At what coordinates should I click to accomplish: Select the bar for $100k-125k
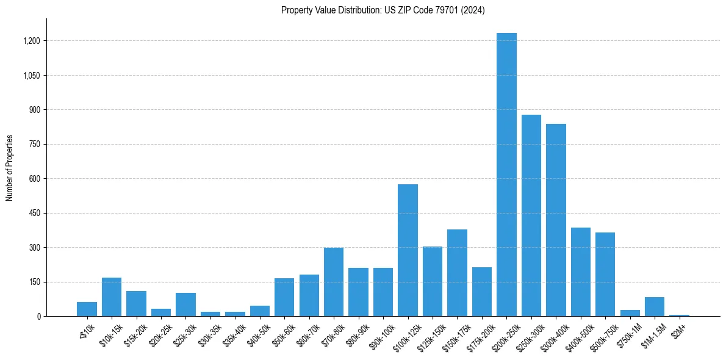point(408,250)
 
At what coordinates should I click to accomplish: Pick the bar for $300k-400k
point(556,220)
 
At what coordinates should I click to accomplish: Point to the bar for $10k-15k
point(112,297)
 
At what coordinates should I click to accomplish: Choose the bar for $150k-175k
point(457,273)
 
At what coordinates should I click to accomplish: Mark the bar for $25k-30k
point(185,304)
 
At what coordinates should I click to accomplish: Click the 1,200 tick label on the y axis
point(32,41)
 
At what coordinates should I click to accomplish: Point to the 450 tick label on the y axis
point(35,214)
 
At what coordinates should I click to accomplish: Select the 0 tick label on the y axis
point(38,317)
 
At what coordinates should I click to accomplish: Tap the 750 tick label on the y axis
point(35,145)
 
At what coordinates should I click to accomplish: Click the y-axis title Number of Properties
point(9,168)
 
